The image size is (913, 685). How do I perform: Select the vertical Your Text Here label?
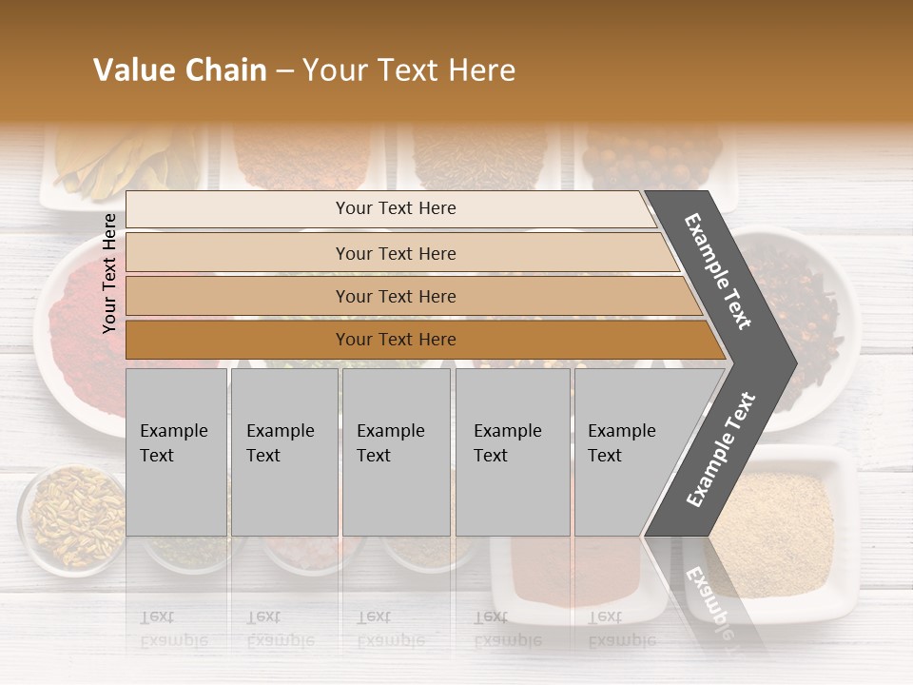tap(110, 273)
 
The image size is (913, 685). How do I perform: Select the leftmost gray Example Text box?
tap(176, 452)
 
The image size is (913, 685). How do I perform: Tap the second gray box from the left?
tap(283, 452)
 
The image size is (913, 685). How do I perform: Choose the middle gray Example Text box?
tap(396, 452)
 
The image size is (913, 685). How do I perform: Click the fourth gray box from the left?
tap(513, 452)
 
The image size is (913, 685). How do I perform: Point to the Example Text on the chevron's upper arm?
tap(719, 271)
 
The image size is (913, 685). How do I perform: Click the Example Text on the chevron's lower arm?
tap(721, 449)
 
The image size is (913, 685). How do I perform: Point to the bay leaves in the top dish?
tap(114, 157)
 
